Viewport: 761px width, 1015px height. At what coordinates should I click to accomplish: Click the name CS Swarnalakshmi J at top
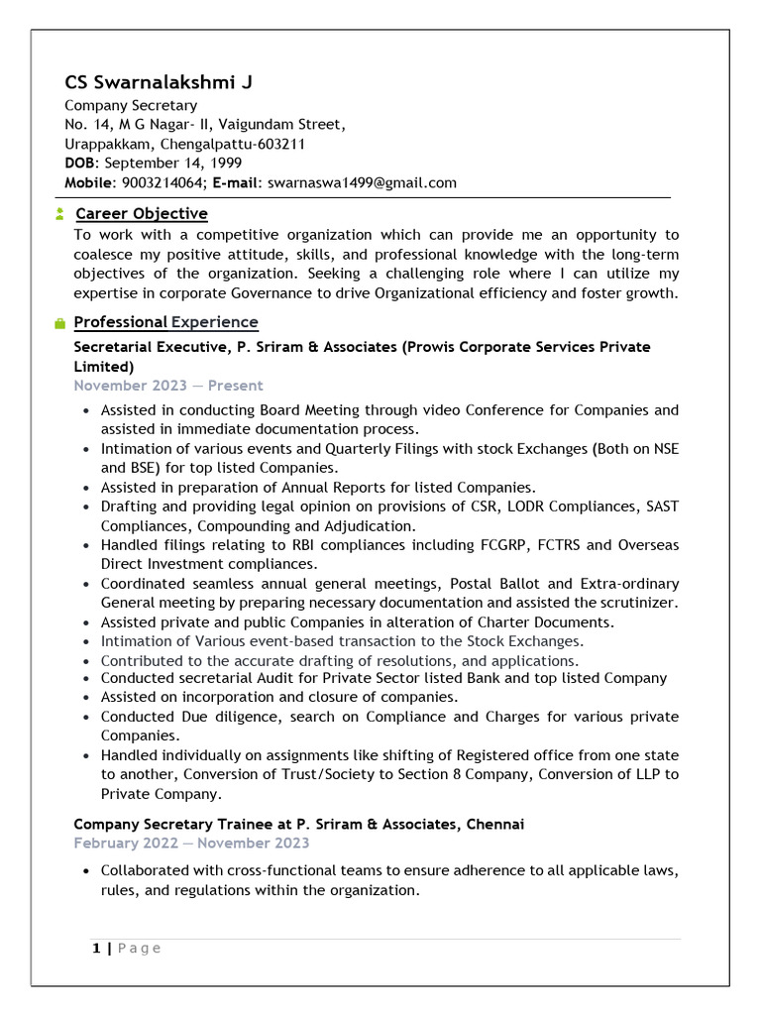coord(159,82)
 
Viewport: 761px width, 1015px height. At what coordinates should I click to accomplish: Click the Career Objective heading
coord(141,214)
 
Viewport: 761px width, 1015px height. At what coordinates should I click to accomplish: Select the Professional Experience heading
coord(165,322)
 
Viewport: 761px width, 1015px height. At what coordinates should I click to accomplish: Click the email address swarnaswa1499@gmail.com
coord(362,182)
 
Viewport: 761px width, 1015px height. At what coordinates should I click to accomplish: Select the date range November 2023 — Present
coord(168,386)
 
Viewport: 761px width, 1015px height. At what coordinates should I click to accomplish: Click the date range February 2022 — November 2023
coord(191,843)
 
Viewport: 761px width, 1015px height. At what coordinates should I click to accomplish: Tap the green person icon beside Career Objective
coord(60,214)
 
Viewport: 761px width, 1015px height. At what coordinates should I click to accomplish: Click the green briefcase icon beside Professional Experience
coord(60,323)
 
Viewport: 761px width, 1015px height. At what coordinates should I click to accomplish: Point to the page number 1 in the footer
coord(96,949)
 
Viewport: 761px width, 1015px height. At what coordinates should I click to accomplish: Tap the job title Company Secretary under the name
coord(131,105)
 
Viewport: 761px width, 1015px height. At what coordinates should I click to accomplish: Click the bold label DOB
coord(81,163)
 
